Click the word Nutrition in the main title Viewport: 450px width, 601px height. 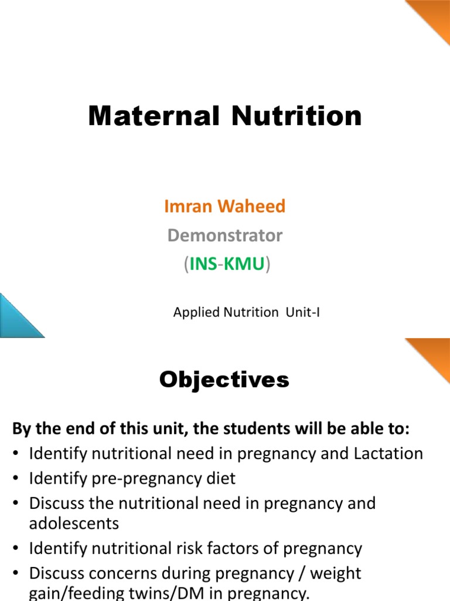point(296,116)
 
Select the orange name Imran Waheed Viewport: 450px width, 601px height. point(225,206)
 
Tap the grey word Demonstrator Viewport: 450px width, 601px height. point(225,235)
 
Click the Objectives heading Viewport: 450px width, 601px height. point(224,380)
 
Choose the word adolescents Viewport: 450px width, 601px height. point(74,522)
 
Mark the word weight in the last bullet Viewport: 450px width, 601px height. point(335,573)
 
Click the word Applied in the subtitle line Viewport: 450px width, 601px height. point(196,313)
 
